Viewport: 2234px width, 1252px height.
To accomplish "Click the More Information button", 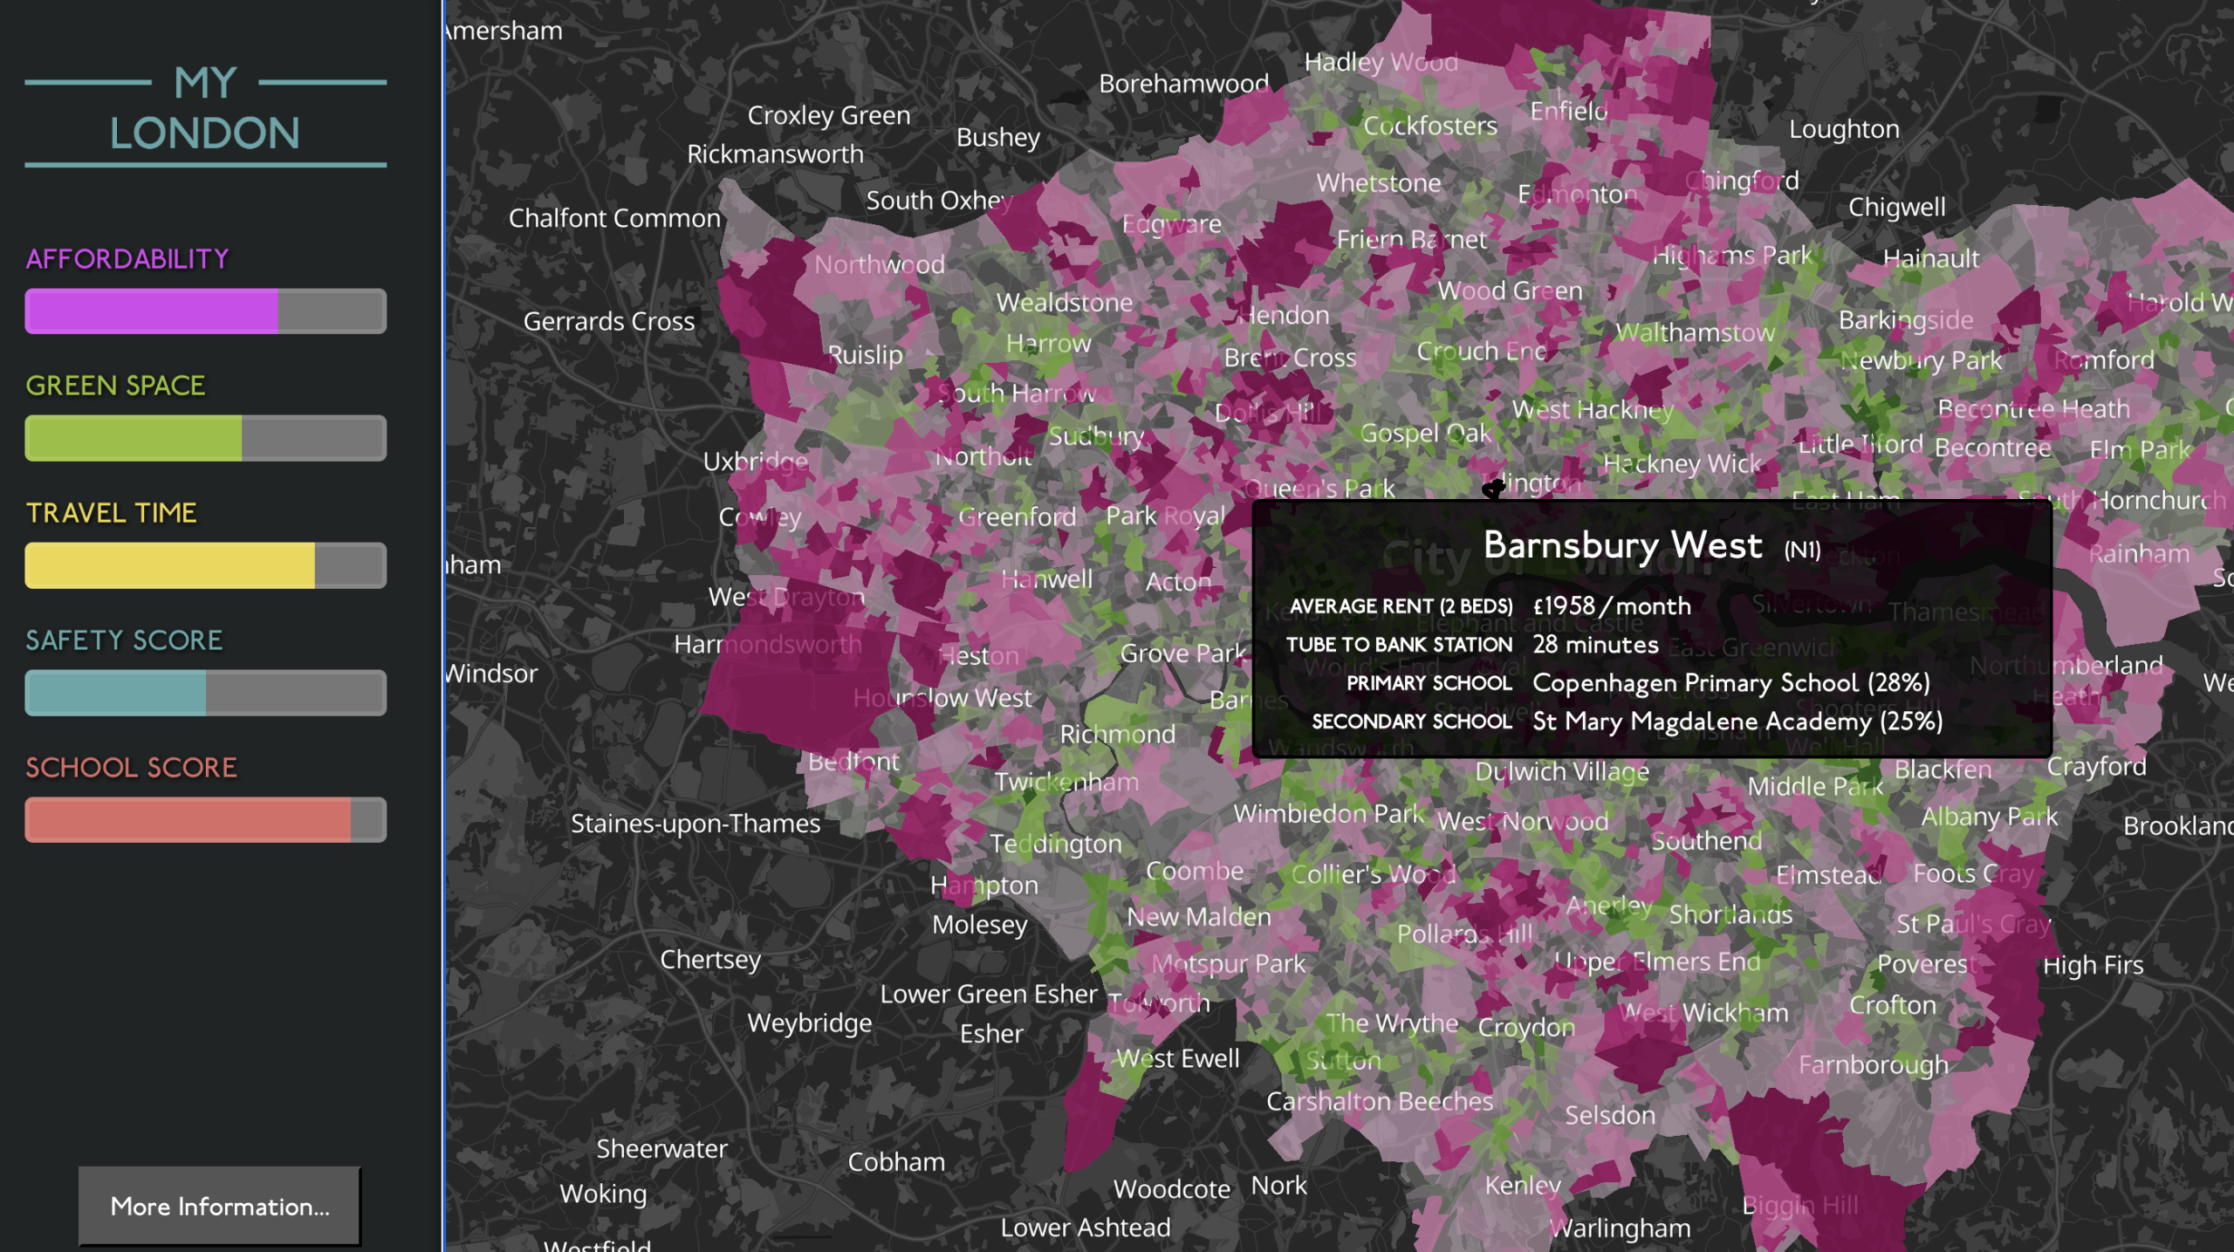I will (x=219, y=1206).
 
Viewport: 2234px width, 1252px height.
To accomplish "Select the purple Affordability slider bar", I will (x=205, y=311).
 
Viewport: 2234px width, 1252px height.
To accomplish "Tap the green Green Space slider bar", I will (x=205, y=438).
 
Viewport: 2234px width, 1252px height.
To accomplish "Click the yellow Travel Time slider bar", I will (x=205, y=565).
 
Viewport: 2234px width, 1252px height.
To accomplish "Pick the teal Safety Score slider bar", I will (x=205, y=693).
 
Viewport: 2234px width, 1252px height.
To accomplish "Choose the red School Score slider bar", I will (x=205, y=820).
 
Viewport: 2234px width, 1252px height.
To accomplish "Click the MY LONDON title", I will (x=205, y=108).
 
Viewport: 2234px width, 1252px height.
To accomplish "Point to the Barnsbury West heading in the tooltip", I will (x=1622, y=545).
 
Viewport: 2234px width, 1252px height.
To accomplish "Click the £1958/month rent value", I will (x=1611, y=606).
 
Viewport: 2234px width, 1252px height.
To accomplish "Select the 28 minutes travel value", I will (x=1595, y=645).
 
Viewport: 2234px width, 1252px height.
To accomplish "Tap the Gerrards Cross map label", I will (x=608, y=321).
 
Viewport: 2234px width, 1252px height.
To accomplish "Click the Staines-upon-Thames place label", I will (x=695, y=824).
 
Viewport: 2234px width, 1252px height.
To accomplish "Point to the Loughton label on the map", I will (x=1843, y=129).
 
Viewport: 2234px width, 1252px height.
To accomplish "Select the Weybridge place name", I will (x=809, y=1023).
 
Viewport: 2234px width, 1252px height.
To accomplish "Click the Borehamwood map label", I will (x=1182, y=84).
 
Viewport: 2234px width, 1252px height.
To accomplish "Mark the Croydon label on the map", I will (x=1525, y=1027).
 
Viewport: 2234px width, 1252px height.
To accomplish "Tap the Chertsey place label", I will (x=709, y=960).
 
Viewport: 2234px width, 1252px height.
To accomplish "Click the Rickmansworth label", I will (x=774, y=154).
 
